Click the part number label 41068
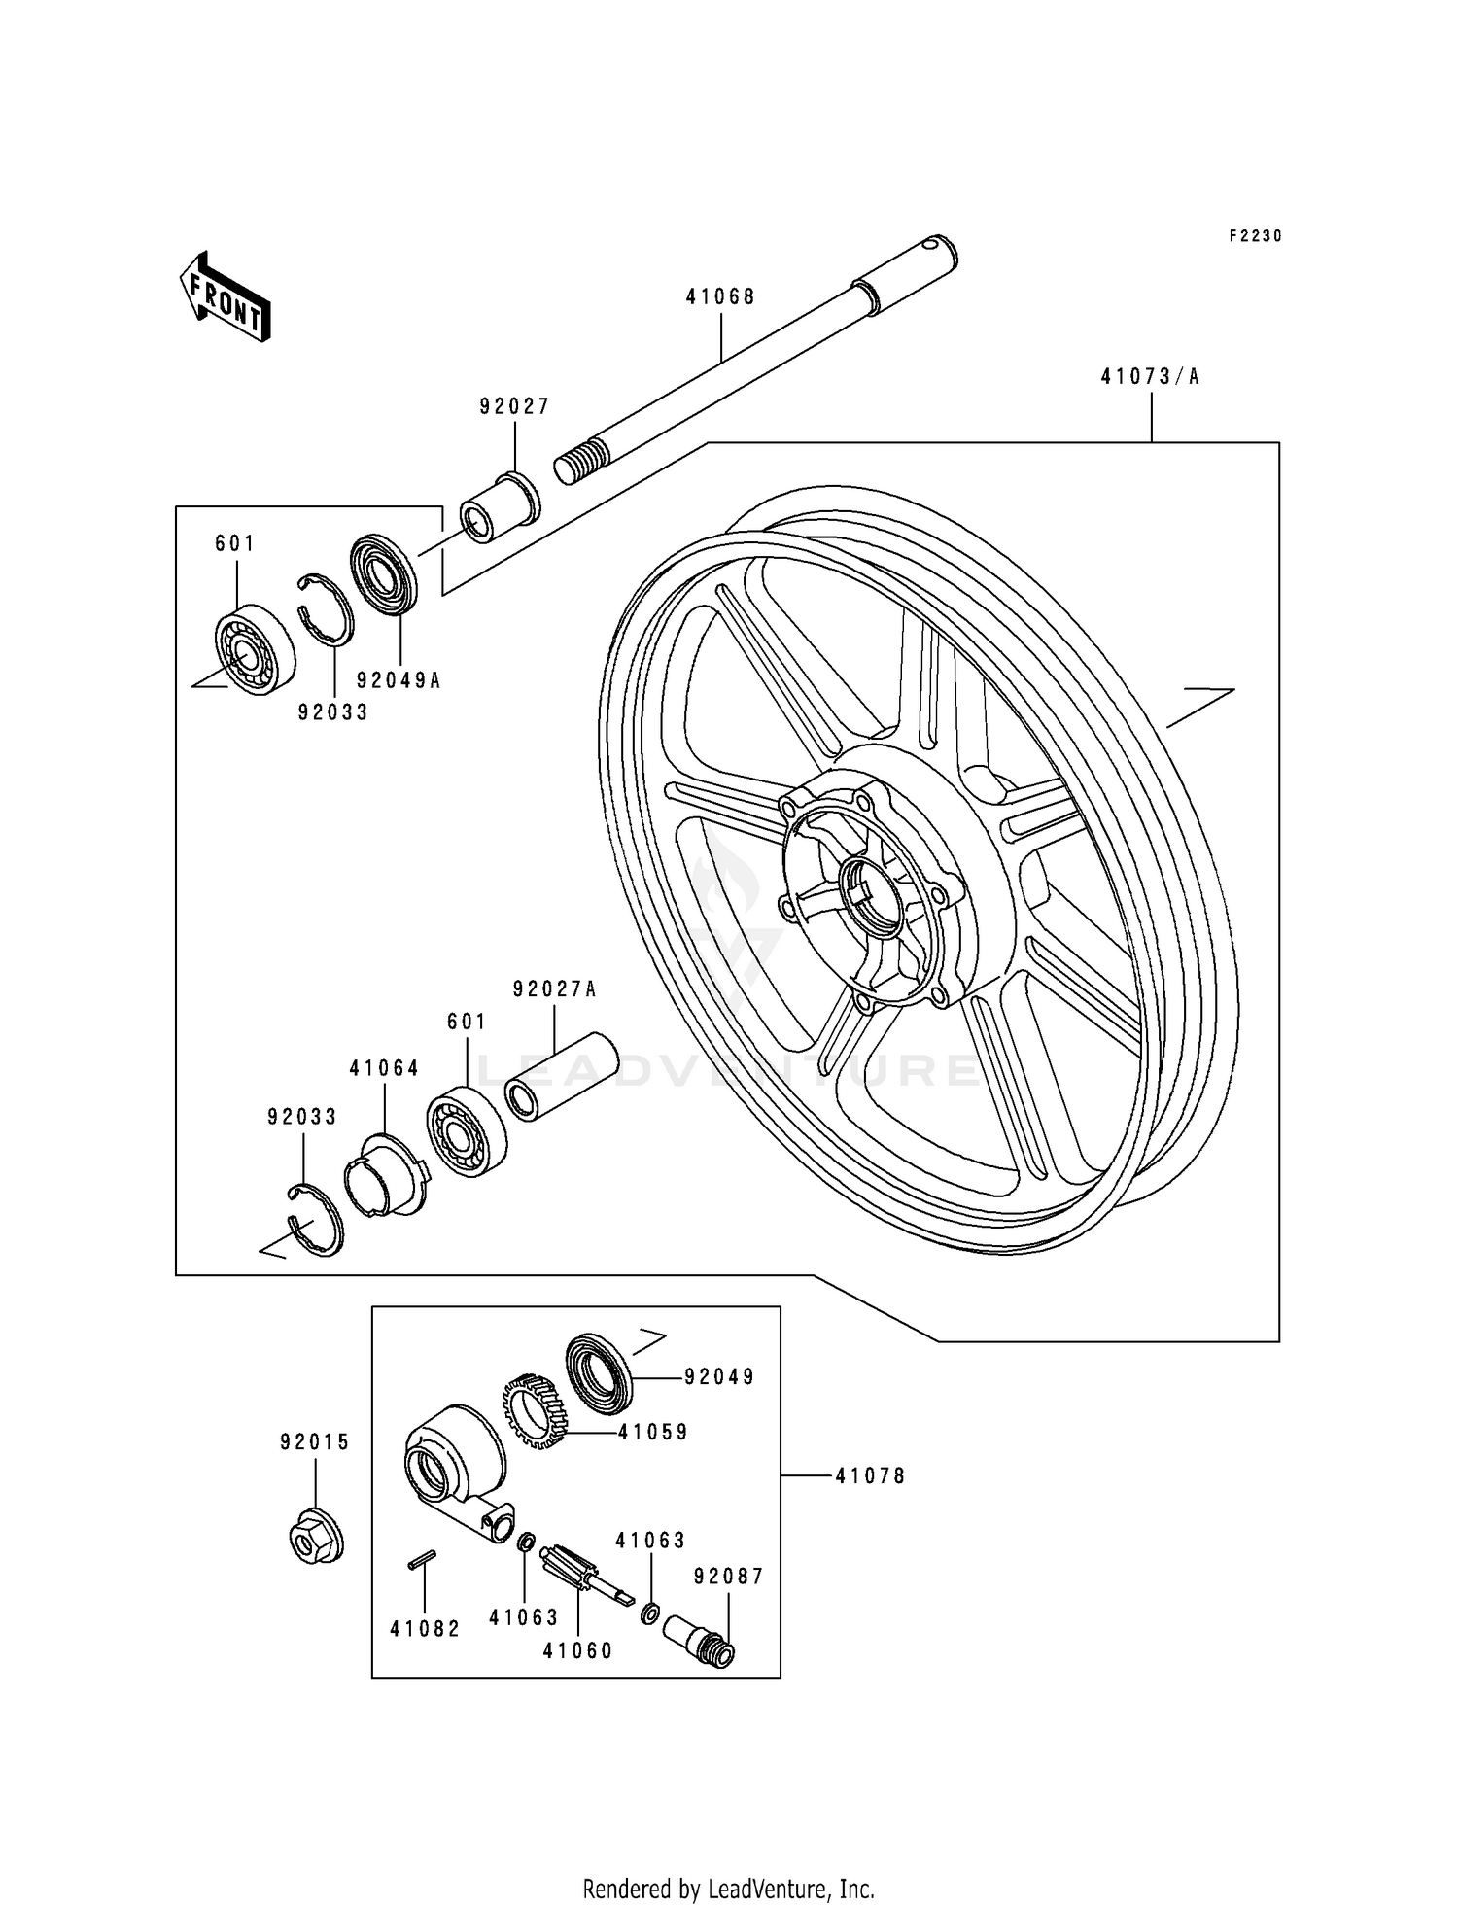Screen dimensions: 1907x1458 click(720, 297)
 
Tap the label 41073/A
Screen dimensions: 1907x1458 click(1150, 377)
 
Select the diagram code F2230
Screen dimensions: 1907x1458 click(1255, 236)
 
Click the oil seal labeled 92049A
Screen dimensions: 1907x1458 click(383, 575)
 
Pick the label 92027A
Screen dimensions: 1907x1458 click(554, 989)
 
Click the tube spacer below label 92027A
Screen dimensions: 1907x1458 click(562, 1077)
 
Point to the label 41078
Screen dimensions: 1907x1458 click(870, 1476)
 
